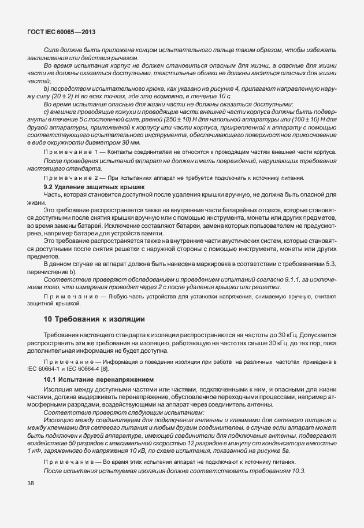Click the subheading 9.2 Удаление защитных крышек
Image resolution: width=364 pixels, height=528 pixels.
click(87, 187)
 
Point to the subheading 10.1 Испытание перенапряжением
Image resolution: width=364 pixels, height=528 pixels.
click(90, 379)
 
